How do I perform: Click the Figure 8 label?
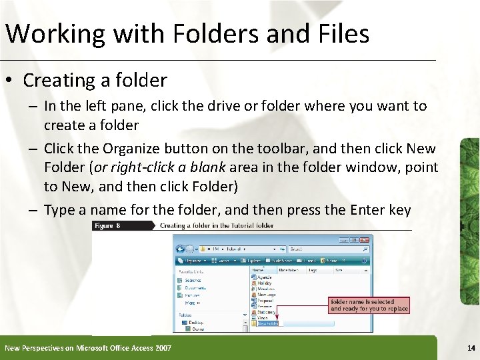click(108, 226)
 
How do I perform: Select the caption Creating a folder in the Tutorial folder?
click(217, 226)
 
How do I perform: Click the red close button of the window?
click(364, 239)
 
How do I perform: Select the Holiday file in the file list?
click(265, 283)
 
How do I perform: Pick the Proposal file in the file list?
click(267, 300)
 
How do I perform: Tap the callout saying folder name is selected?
click(369, 305)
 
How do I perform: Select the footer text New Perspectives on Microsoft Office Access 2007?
click(88, 348)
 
